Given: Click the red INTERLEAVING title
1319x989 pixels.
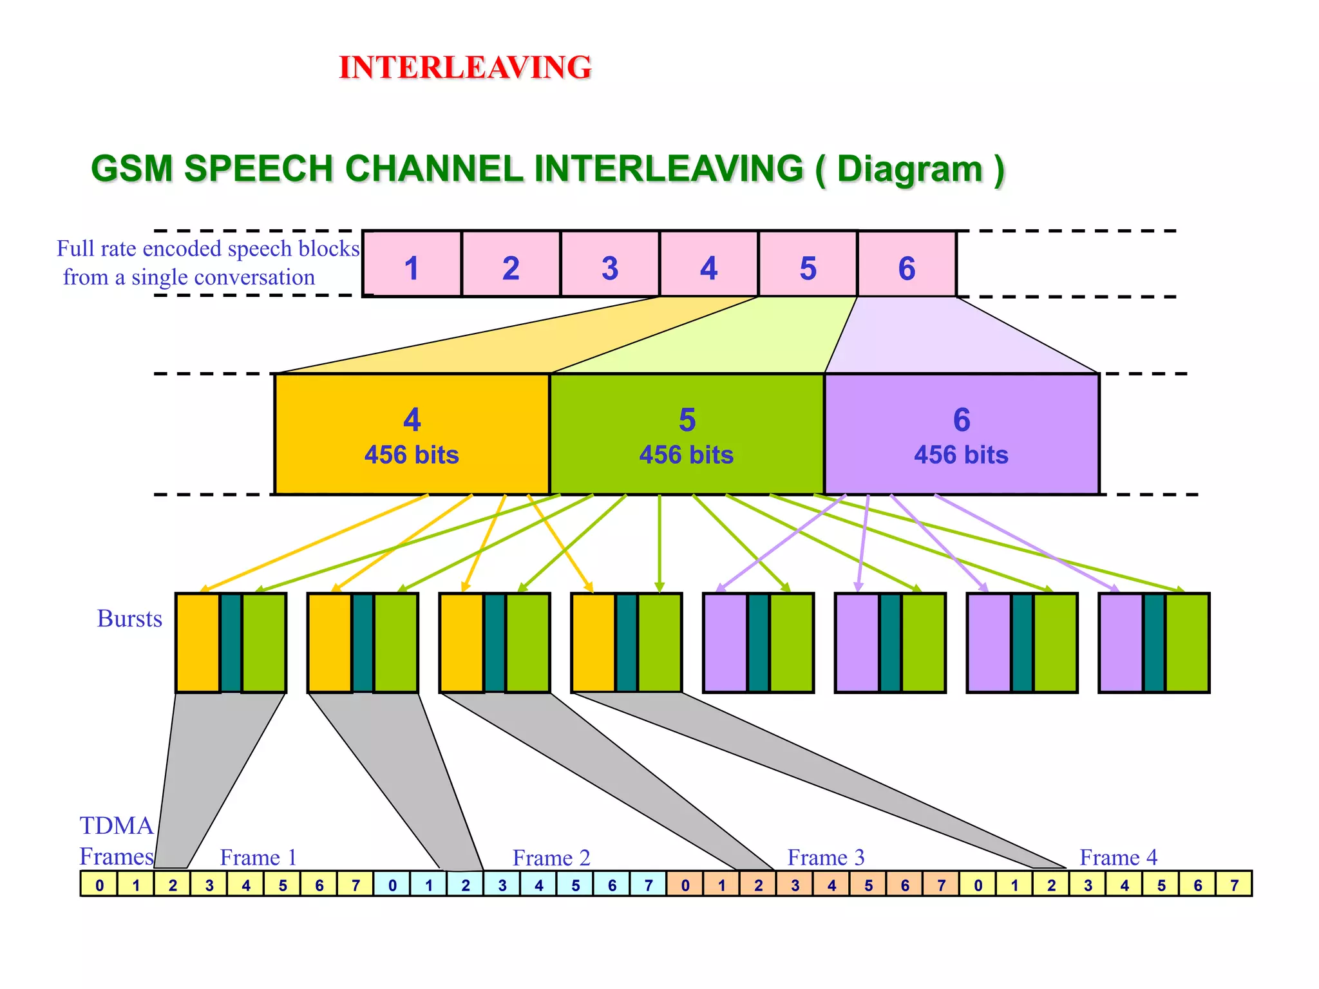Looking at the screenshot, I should click(465, 68).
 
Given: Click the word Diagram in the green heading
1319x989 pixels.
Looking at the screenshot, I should click(909, 169).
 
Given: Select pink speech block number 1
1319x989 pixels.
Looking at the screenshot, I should click(412, 265).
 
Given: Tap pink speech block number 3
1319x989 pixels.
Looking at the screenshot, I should click(610, 265).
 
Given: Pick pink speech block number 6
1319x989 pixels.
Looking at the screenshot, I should click(907, 265).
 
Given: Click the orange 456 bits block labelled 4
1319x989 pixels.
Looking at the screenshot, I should click(412, 434).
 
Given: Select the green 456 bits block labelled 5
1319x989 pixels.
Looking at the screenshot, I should click(687, 434).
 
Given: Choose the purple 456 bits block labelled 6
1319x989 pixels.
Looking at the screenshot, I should click(962, 434).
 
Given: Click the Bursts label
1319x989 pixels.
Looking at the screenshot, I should click(129, 618).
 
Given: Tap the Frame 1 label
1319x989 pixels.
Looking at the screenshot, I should click(258, 857).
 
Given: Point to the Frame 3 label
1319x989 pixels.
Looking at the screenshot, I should click(826, 857).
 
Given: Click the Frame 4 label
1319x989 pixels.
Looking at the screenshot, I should click(1118, 857).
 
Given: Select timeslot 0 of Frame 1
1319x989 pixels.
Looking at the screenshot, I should click(99, 884).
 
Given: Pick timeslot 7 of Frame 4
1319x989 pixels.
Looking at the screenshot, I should click(1234, 884).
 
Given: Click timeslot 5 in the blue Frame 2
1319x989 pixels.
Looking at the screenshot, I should click(575, 884).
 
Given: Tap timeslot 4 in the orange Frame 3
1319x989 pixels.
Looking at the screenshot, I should click(831, 884).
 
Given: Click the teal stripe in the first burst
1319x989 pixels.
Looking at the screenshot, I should click(231, 643).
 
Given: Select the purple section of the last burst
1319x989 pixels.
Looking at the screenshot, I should click(1121, 643).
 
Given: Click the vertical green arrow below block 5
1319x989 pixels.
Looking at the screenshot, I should click(659, 541).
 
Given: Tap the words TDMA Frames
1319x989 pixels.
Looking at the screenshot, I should click(117, 841).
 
